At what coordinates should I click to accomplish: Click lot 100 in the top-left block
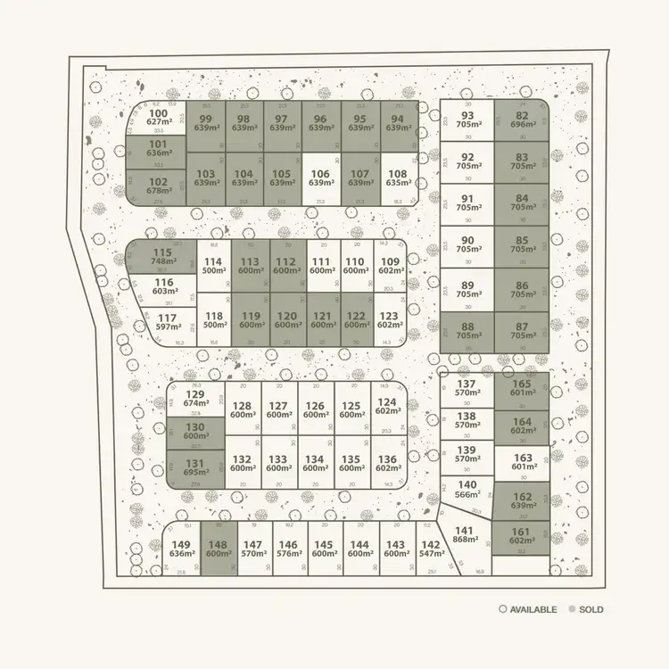point(158,118)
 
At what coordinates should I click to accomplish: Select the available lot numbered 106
point(322,178)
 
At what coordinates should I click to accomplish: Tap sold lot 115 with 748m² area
point(161,257)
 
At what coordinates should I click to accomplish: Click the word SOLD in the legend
point(591,609)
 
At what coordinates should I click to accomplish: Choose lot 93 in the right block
point(467,120)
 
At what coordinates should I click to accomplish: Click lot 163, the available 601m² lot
point(522,462)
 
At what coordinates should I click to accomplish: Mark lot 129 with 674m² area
point(194,399)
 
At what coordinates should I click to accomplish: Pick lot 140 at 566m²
point(467,490)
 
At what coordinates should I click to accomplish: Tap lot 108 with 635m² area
point(398,178)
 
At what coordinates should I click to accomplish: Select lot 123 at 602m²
point(389,321)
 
